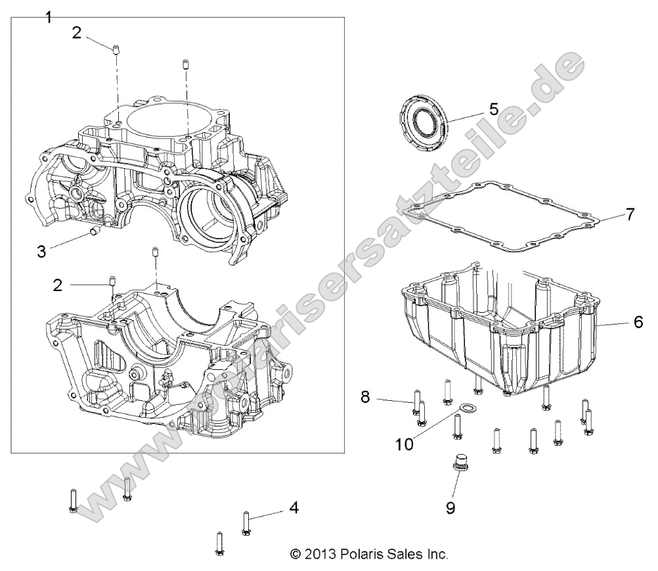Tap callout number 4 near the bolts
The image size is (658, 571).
(294, 507)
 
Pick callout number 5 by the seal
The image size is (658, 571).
(494, 108)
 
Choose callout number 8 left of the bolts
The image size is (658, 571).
(366, 397)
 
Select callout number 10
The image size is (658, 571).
(405, 444)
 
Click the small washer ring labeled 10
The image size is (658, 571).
(466, 410)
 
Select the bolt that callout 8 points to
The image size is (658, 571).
(416, 401)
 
